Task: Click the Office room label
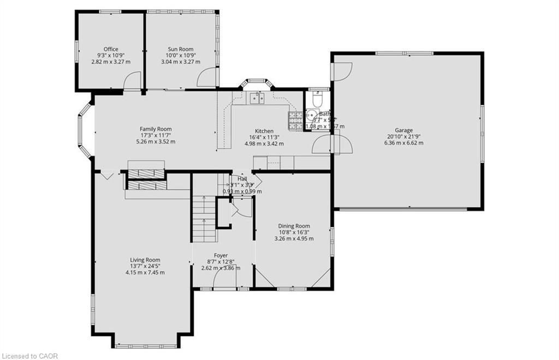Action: [111, 49]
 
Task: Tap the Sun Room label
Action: [180, 49]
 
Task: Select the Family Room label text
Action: [156, 129]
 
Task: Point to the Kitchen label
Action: [264, 131]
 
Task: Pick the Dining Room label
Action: [294, 226]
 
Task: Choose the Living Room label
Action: [145, 260]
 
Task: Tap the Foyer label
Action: [221, 255]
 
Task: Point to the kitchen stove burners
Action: [295, 119]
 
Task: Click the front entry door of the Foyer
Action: [224, 279]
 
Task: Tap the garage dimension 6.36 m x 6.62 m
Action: [404, 143]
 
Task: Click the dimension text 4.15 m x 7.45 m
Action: [145, 272]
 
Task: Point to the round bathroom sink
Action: [311, 115]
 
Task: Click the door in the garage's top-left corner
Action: [342, 71]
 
